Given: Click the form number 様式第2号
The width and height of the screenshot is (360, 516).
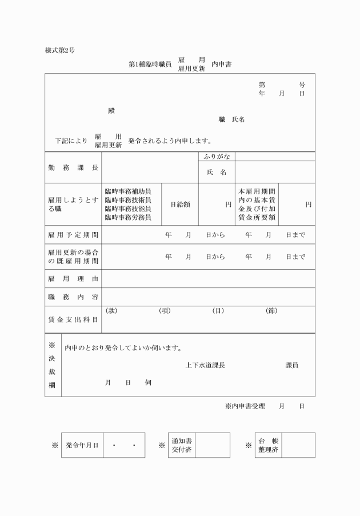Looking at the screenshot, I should pyautogui.click(x=60, y=50).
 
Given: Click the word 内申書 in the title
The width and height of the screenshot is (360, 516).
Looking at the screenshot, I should pyautogui.click(x=221, y=65).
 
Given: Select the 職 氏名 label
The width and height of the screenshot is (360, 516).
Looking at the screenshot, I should pyautogui.click(x=231, y=120).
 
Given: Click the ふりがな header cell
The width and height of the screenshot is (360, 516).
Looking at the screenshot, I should pyautogui.click(x=217, y=156).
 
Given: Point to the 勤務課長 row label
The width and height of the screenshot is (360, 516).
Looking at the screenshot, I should pyautogui.click(x=73, y=167).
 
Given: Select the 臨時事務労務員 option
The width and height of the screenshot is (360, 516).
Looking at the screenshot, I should pyautogui.click(x=127, y=218).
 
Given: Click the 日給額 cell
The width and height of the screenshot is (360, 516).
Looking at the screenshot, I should pyautogui.click(x=180, y=205).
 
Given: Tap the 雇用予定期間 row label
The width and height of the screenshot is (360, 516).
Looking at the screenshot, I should pyautogui.click(x=73, y=235).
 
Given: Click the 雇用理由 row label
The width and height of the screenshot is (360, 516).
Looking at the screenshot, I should pyautogui.click(x=73, y=278).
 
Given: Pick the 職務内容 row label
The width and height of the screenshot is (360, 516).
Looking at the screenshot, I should pyautogui.click(x=73, y=297).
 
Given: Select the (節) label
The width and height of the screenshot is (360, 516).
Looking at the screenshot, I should pyautogui.click(x=271, y=311).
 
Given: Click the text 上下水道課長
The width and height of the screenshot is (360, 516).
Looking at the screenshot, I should pyautogui.click(x=205, y=366).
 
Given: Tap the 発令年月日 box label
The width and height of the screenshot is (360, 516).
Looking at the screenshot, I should pyautogui.click(x=82, y=445).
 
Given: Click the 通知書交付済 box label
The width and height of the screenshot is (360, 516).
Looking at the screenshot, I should pyautogui.click(x=182, y=445).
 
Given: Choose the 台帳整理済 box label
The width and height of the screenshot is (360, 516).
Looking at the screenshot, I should pyautogui.click(x=267, y=445).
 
